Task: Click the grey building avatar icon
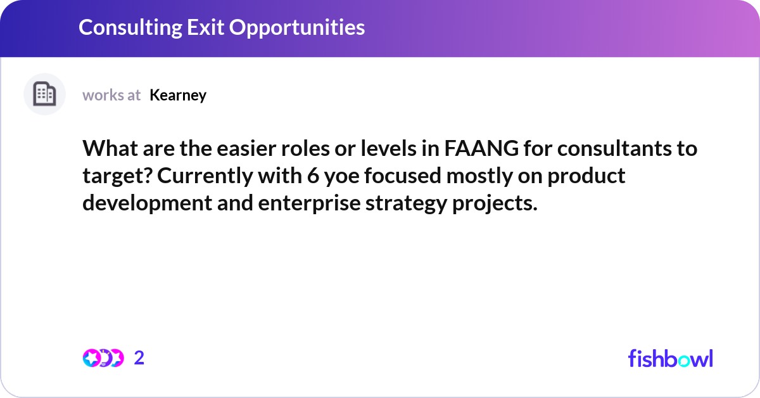(x=44, y=94)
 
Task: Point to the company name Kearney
(x=178, y=95)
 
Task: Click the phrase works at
(x=111, y=95)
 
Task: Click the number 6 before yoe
(x=312, y=176)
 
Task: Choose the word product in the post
(x=586, y=176)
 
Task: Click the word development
(x=139, y=203)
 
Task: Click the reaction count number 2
(x=139, y=358)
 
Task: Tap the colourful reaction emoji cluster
(x=103, y=358)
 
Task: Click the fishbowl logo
(x=670, y=358)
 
